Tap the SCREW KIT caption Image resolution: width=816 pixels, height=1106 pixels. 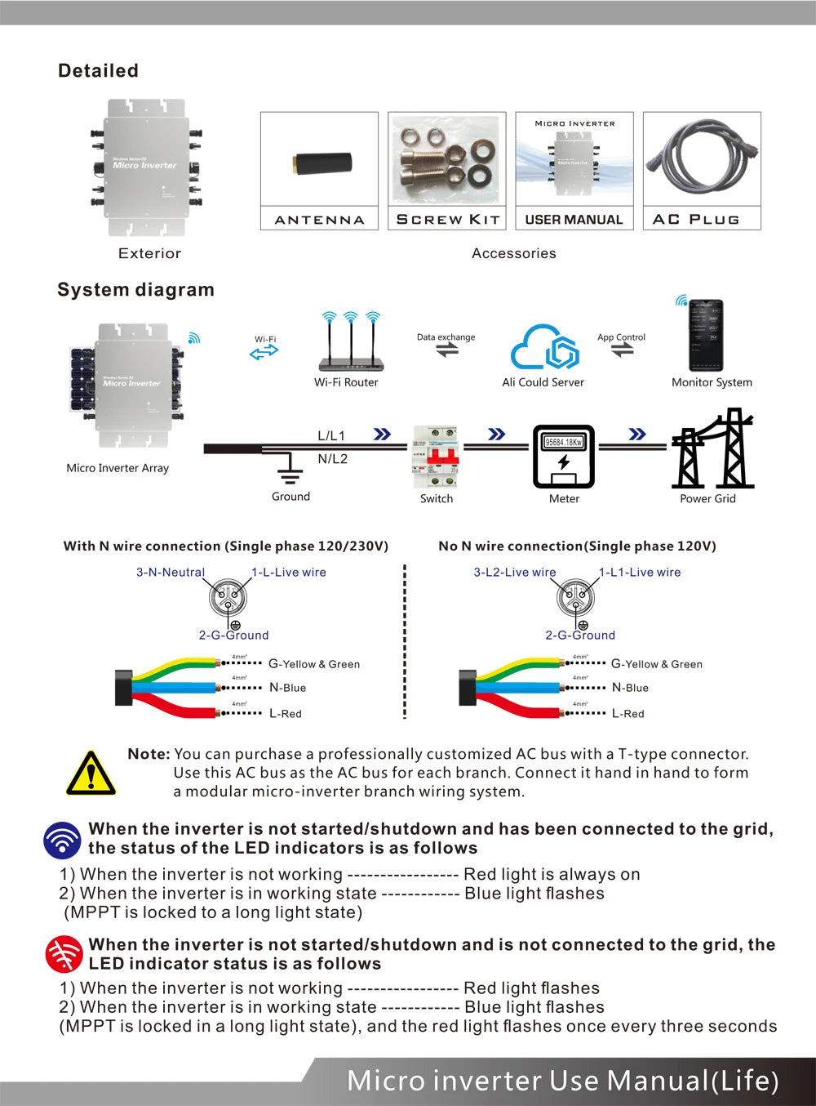(x=447, y=219)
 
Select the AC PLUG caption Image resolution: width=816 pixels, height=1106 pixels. (x=696, y=219)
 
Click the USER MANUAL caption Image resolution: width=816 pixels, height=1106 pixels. (x=574, y=219)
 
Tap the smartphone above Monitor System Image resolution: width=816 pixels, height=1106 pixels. (x=706, y=335)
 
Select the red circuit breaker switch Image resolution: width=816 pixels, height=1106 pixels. (x=437, y=457)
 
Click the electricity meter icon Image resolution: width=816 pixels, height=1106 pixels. (x=563, y=456)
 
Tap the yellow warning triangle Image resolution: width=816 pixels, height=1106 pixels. (x=91, y=773)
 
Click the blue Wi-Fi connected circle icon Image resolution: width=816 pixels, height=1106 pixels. (x=63, y=839)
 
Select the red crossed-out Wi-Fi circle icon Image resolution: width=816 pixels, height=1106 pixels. (x=64, y=953)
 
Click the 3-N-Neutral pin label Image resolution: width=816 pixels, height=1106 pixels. (x=170, y=572)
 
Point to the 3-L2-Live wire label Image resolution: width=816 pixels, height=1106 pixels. (x=514, y=572)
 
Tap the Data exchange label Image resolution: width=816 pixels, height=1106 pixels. (x=446, y=337)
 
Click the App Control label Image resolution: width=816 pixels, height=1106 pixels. (x=621, y=337)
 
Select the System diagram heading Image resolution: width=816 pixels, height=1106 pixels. (x=135, y=290)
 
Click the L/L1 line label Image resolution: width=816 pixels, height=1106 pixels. (x=331, y=435)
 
